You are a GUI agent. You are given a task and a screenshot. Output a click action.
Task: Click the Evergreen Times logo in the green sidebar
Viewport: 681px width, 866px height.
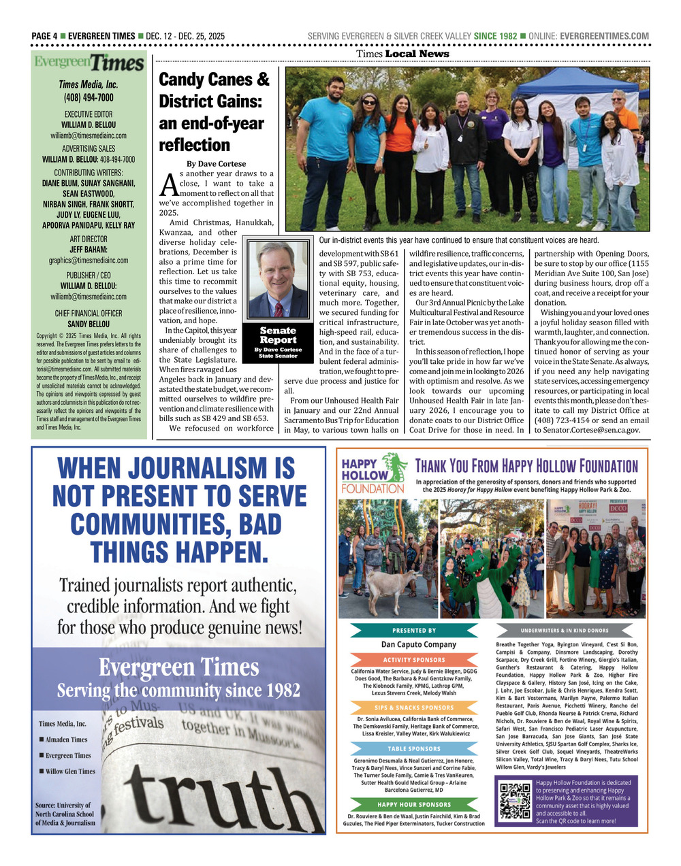(x=89, y=63)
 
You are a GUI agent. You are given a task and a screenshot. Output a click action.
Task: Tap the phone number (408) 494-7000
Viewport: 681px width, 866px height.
(x=89, y=97)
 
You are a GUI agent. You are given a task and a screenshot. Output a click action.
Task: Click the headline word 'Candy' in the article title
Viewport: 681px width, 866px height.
(x=182, y=80)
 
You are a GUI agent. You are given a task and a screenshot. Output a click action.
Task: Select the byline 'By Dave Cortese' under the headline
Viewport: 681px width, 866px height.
(x=216, y=163)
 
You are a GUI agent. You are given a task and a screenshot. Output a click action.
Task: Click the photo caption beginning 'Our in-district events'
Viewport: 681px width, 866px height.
(x=459, y=240)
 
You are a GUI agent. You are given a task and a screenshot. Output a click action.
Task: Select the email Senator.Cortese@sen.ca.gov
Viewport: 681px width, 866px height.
(x=587, y=430)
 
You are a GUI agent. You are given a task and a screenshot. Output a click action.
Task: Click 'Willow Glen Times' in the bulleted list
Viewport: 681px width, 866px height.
(x=70, y=771)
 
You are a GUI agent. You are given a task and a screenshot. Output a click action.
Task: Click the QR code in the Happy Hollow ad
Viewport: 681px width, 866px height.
(x=515, y=801)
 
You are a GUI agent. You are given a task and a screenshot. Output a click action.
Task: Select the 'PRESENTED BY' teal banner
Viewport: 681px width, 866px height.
(x=414, y=631)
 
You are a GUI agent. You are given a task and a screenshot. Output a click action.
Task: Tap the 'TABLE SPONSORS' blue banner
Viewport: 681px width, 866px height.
(x=414, y=749)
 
